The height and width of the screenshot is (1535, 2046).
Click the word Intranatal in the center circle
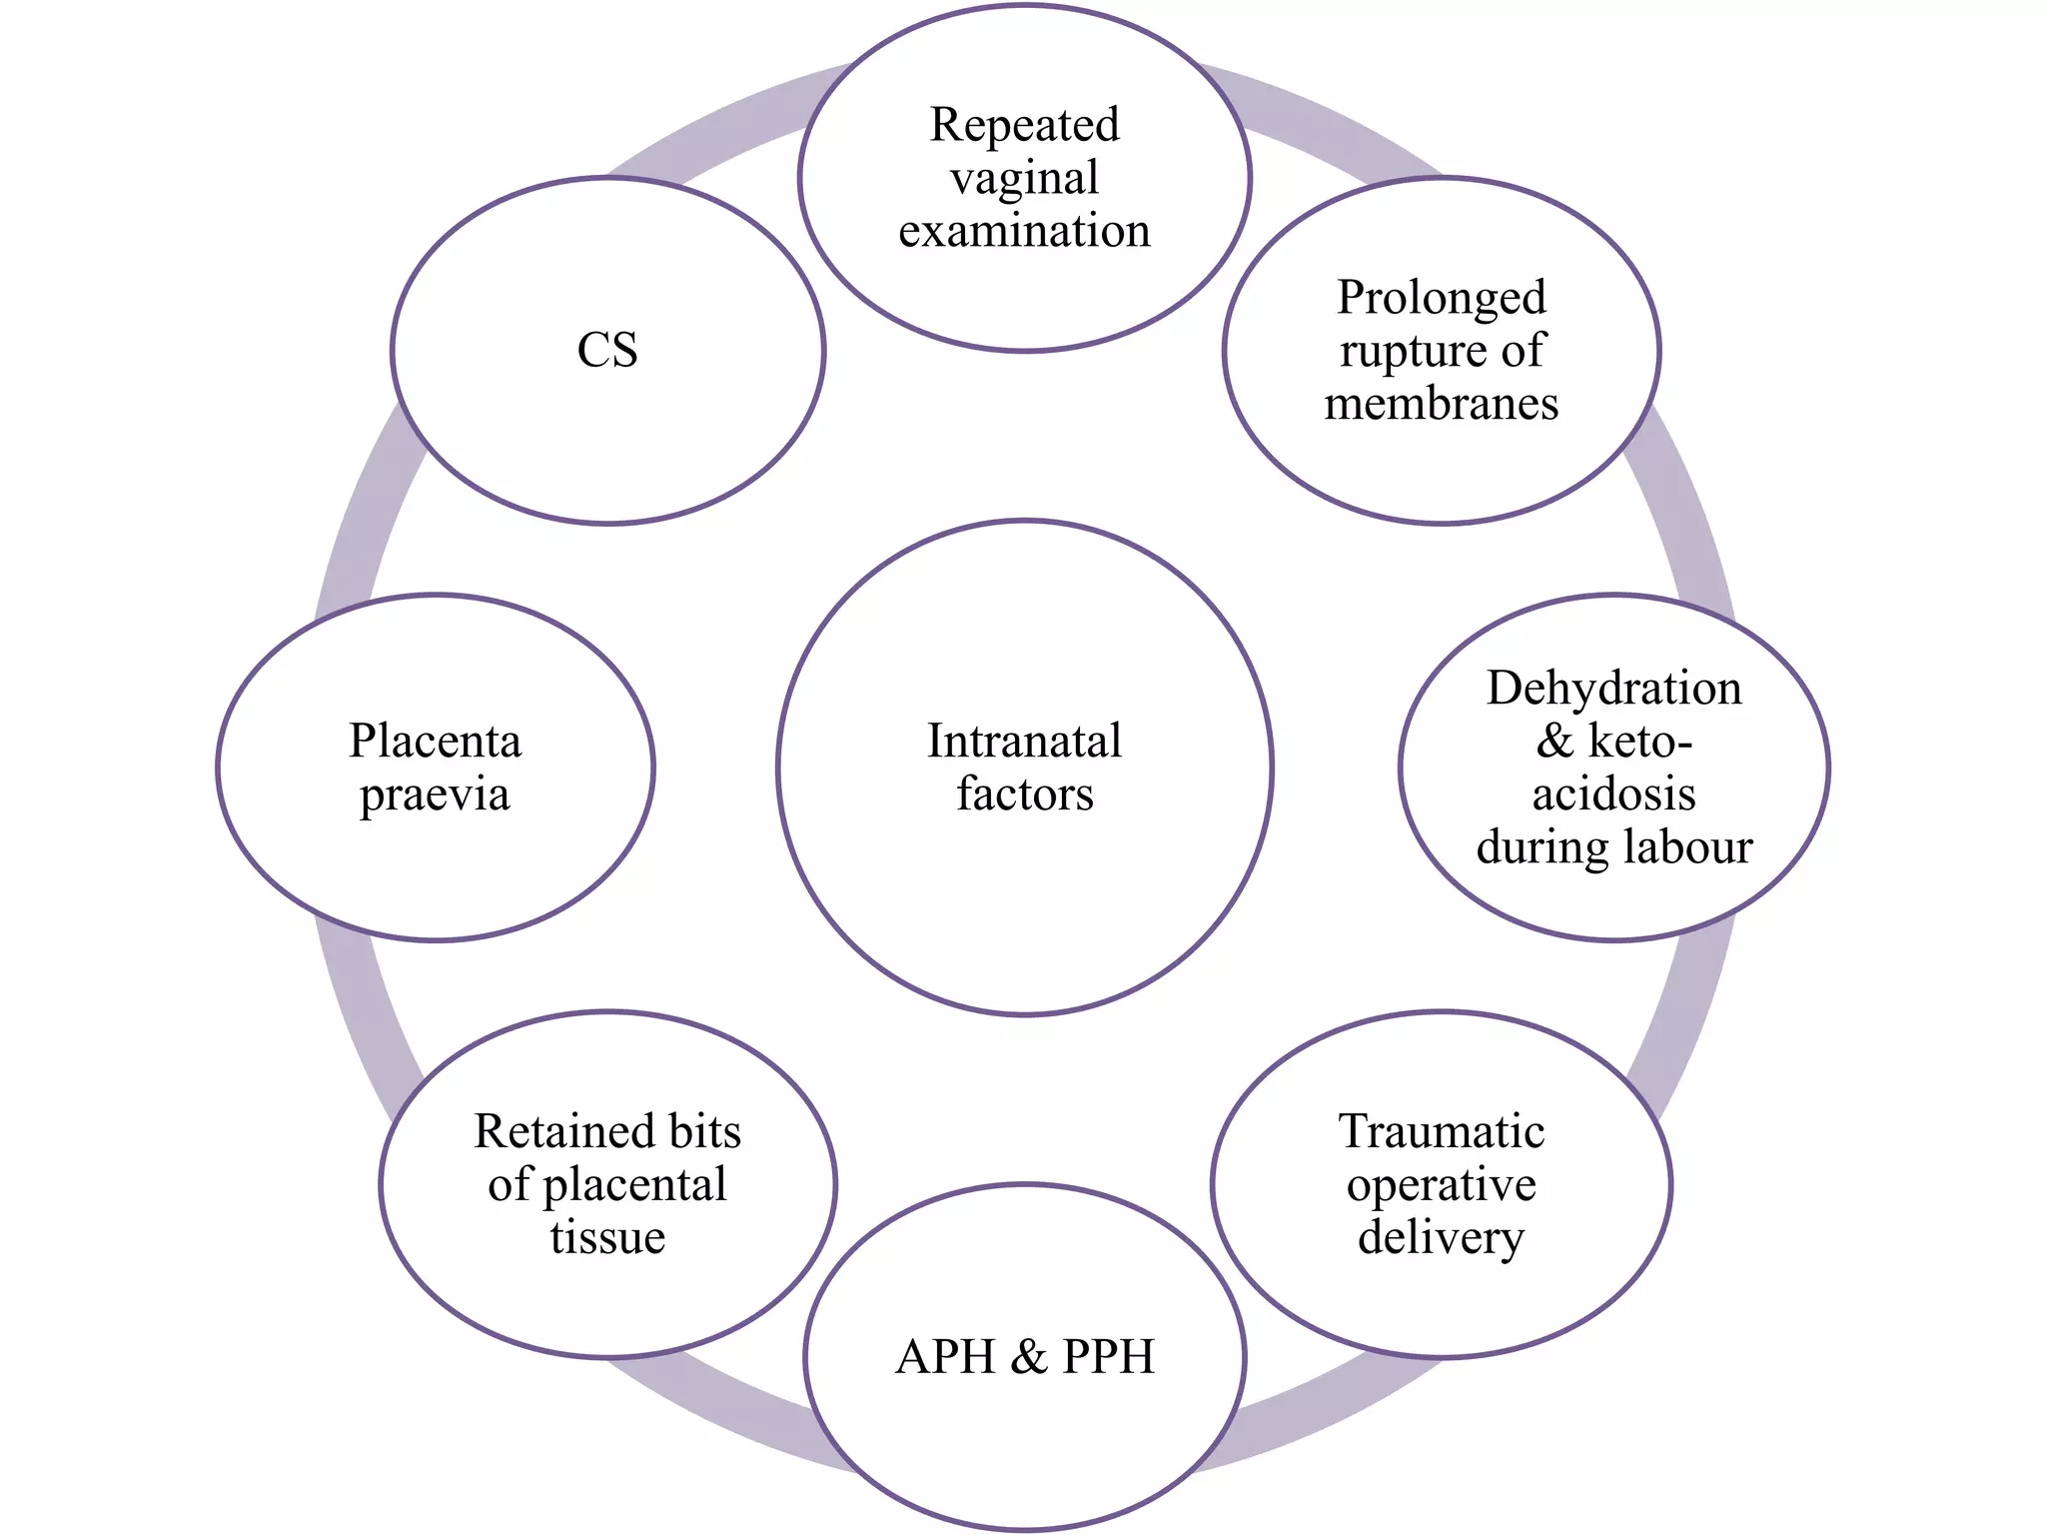coord(1024,742)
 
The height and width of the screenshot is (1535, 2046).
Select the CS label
coord(607,351)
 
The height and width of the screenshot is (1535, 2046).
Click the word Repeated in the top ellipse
coord(1024,126)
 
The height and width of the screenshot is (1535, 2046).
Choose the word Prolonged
coord(1441,299)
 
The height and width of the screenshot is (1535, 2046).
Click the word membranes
coord(1441,404)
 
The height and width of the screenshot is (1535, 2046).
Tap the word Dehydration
coord(1613,689)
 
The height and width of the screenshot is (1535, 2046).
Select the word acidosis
coord(1613,794)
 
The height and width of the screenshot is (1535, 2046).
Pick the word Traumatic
coord(1441,1131)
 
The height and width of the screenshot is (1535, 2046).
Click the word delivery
coord(1441,1238)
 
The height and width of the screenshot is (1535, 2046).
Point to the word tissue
coord(607,1238)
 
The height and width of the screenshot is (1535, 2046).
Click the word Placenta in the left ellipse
coord(435,742)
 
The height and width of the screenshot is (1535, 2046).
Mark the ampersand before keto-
coord(1554,742)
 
